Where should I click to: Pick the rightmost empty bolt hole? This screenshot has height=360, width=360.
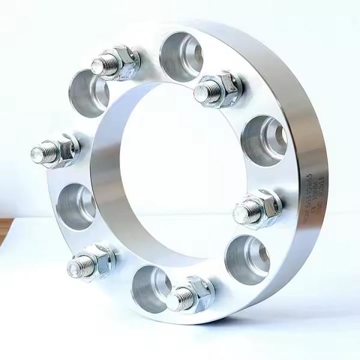264,139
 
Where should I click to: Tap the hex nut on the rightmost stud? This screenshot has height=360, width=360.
264,208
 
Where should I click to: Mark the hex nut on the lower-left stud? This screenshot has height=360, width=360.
99,259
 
